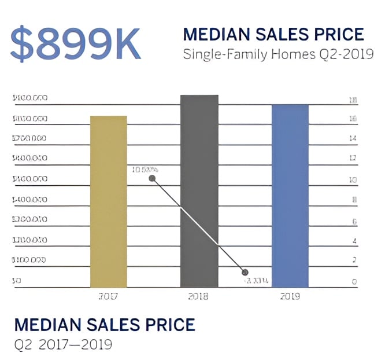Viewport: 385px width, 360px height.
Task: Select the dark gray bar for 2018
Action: (199, 191)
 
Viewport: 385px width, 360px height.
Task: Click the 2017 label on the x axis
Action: (108, 296)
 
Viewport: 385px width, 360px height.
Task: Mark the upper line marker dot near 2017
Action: (153, 178)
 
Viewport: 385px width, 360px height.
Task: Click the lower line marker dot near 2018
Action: (245, 272)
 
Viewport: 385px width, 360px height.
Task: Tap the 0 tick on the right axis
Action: (354, 282)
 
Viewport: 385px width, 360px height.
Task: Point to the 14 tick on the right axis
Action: (353, 139)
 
